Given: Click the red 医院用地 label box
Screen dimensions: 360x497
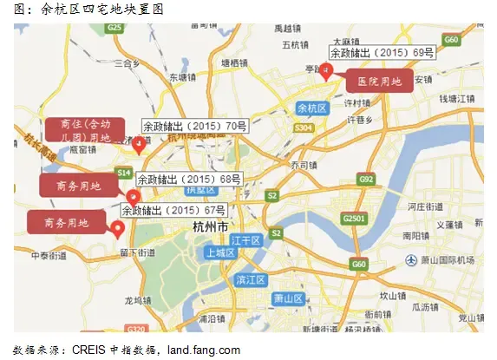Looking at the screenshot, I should click(x=379, y=82).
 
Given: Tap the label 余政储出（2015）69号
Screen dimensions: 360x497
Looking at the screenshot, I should click(x=382, y=52).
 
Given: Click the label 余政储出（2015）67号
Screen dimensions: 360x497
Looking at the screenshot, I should click(x=173, y=209).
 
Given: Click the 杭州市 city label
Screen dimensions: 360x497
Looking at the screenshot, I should click(x=211, y=226).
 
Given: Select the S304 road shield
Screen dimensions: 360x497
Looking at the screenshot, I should click(x=303, y=128).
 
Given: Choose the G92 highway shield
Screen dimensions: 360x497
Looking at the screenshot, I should click(x=365, y=180).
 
